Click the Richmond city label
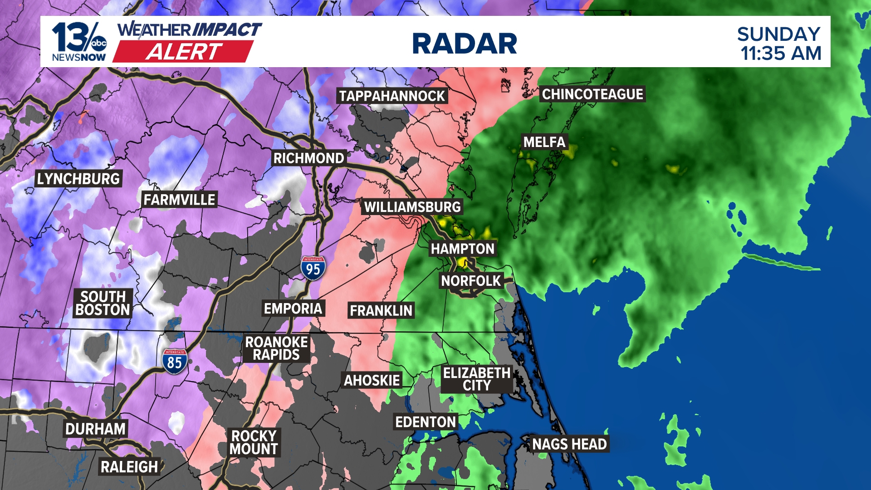click(x=308, y=158)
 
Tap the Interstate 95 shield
click(x=313, y=268)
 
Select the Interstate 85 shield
click(x=175, y=362)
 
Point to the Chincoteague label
click(x=592, y=94)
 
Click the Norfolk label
click(x=471, y=281)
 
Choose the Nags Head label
click(x=569, y=444)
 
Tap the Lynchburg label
click(x=78, y=179)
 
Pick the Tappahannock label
click(x=392, y=96)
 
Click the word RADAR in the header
click(x=465, y=44)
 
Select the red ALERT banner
click(x=183, y=52)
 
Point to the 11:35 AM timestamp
click(x=781, y=54)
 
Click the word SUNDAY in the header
click(x=778, y=34)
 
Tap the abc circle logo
click(x=98, y=44)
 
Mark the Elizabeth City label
click(x=477, y=379)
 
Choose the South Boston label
click(x=103, y=303)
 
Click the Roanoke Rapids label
click(x=276, y=348)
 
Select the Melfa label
click(x=544, y=142)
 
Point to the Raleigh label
click(x=129, y=466)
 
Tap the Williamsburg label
click(x=412, y=207)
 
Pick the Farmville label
click(x=179, y=199)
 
